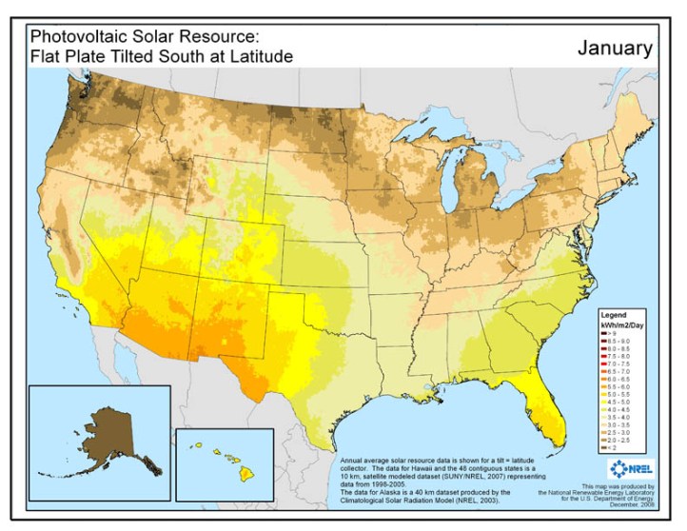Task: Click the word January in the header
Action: click(x=615, y=48)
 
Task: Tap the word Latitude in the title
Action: click(x=259, y=56)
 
